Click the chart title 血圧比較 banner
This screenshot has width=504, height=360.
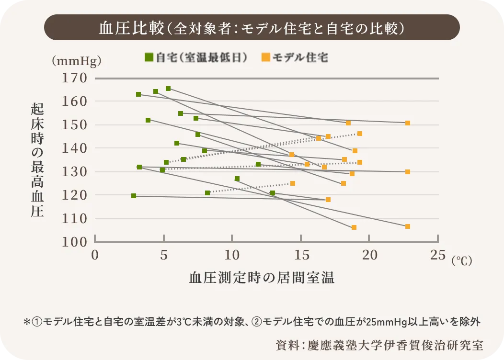click(252, 28)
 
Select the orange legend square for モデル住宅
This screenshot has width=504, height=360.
click(265, 57)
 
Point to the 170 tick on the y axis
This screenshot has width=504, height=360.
click(75, 78)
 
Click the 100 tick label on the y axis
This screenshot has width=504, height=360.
click(75, 242)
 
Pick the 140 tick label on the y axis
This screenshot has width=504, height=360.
click(75, 148)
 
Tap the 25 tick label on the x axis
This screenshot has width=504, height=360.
click(438, 255)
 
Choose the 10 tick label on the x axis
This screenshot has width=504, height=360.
click(232, 255)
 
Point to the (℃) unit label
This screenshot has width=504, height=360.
click(462, 260)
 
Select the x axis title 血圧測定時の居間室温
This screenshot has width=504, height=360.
click(262, 278)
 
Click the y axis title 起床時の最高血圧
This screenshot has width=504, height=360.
click(37, 160)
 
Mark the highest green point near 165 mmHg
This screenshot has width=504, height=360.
click(168, 89)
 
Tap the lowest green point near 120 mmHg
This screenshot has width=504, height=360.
click(134, 196)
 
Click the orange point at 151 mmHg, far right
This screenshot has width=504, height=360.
click(408, 123)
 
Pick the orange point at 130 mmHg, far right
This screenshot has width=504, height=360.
click(408, 172)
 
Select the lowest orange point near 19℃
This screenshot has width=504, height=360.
click(354, 227)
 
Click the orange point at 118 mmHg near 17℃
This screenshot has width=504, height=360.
click(328, 200)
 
